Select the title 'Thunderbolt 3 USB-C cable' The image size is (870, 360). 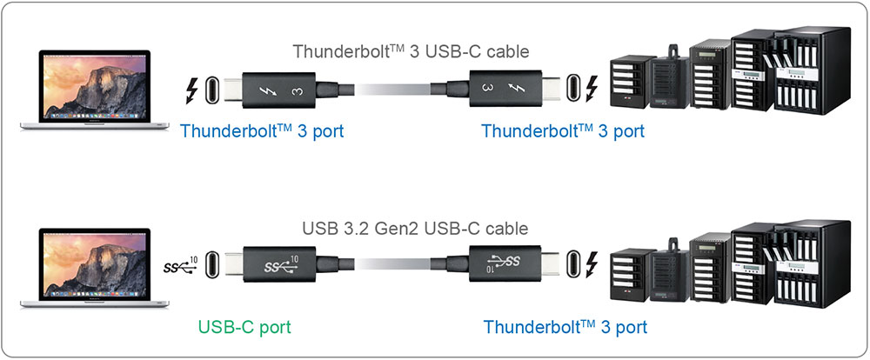(411, 50)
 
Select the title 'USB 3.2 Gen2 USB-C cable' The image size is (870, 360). (414, 230)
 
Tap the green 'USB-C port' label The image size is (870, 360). (244, 328)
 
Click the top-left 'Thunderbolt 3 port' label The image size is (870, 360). (262, 132)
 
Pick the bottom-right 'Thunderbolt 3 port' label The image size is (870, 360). (565, 328)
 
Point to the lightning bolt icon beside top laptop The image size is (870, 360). (192, 90)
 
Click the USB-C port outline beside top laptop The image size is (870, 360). (214, 90)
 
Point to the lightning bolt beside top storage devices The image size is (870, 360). (593, 90)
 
